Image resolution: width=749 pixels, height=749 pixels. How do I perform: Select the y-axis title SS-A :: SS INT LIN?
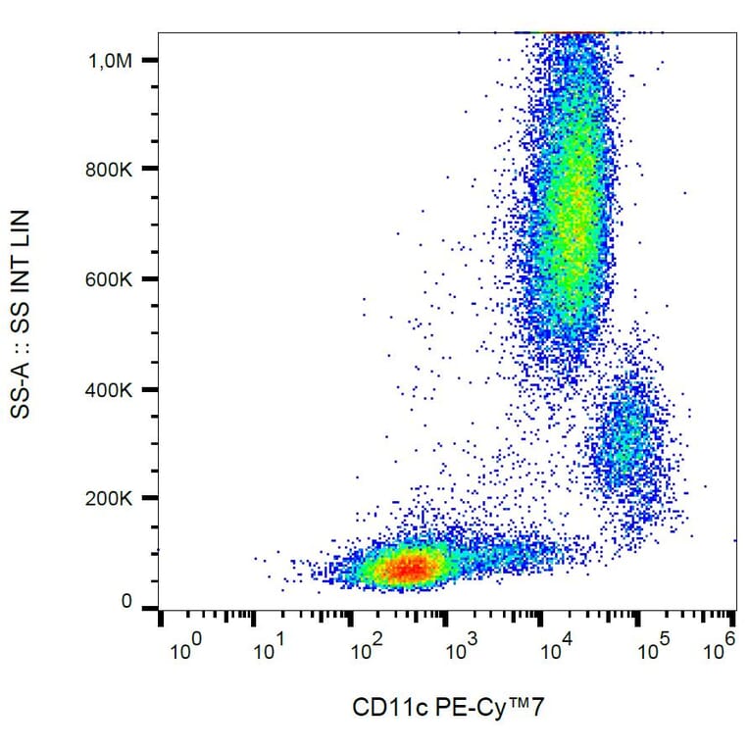point(21,314)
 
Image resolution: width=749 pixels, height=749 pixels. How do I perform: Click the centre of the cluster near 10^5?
point(624,436)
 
